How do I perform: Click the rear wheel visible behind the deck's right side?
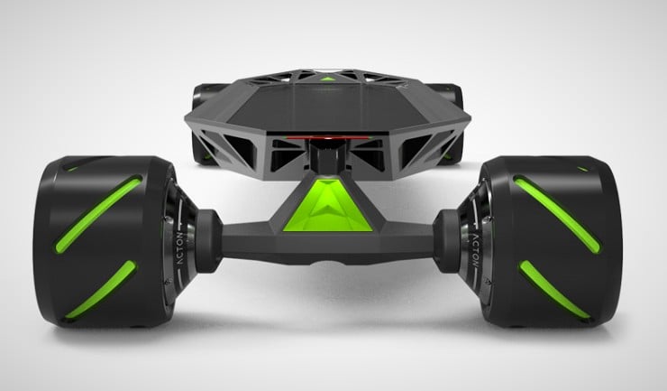click(x=451, y=104)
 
